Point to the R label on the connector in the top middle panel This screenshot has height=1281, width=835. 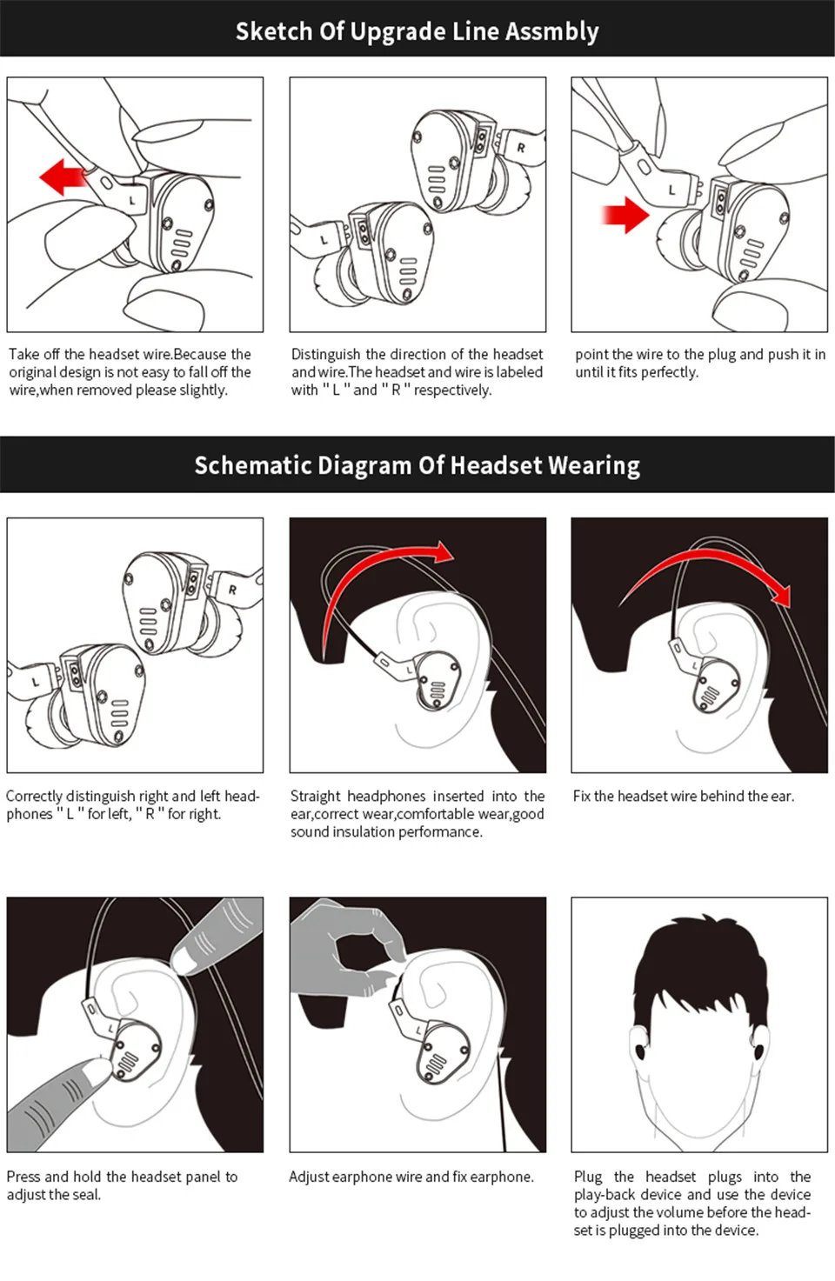[x=521, y=148]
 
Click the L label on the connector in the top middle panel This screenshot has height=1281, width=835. [x=324, y=239]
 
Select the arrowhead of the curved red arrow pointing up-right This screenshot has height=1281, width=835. [x=444, y=552]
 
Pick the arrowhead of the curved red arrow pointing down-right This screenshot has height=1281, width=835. [x=782, y=597]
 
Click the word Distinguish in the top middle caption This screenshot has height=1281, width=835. [x=325, y=354]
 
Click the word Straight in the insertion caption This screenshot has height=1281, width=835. [x=315, y=796]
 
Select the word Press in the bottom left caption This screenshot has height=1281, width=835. [x=23, y=1177]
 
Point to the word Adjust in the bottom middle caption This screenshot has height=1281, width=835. [x=309, y=1177]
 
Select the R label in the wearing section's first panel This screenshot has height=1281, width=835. [x=232, y=590]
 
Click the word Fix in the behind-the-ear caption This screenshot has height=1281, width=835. [x=581, y=796]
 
